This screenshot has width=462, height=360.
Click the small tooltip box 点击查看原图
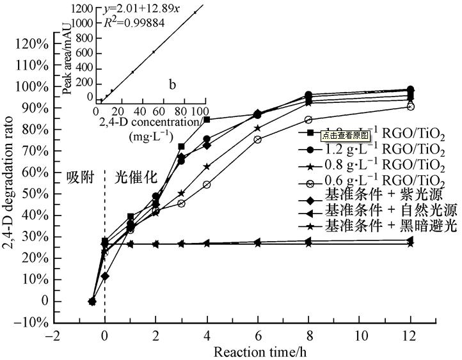(x=346, y=135)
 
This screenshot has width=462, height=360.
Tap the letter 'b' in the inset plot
(x=171, y=84)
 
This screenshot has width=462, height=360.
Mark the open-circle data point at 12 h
(x=410, y=106)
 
